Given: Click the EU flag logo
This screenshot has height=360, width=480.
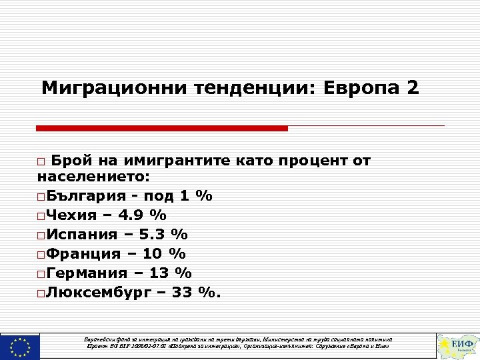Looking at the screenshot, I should pos(20,346).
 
